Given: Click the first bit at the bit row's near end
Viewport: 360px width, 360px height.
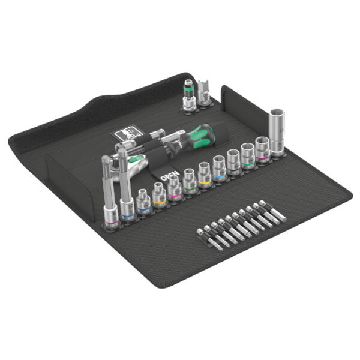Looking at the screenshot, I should click(x=200, y=236).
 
